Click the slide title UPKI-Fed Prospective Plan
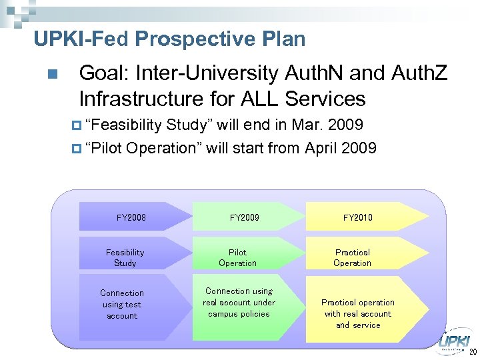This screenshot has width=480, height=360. (169, 39)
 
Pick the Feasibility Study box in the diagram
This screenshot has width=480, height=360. (125, 257)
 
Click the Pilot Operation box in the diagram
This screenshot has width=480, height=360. (238, 257)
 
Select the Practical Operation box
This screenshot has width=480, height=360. (353, 257)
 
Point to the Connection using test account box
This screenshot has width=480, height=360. (123, 304)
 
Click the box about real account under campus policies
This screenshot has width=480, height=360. (239, 303)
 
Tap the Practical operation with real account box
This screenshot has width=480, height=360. (358, 313)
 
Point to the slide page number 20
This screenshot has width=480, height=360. (473, 352)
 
